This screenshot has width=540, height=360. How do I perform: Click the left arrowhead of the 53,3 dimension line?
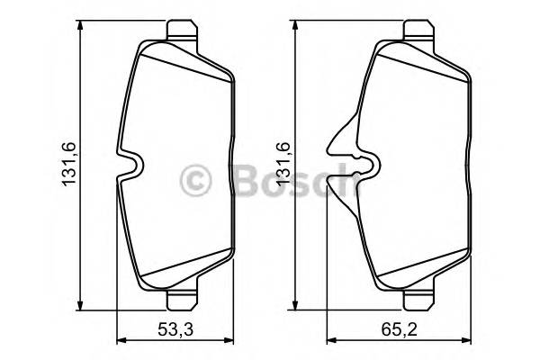tap(124, 340)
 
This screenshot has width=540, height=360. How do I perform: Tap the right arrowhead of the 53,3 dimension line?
tap(229, 340)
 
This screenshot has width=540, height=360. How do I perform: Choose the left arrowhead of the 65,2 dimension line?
tap(331, 340)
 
